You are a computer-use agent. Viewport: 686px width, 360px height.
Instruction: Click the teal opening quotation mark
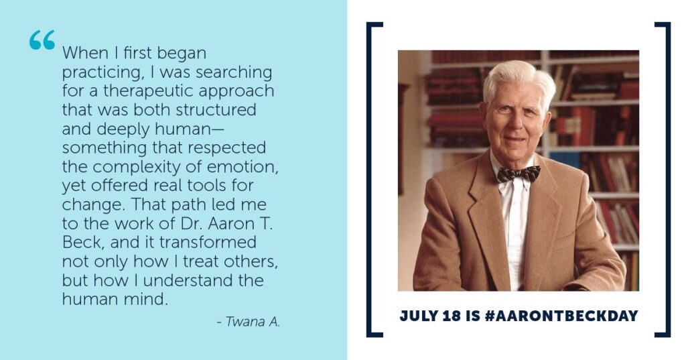click(x=42, y=40)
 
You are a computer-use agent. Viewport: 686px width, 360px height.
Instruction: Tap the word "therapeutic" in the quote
click(x=149, y=91)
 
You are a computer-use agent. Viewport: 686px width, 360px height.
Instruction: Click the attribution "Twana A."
click(x=249, y=322)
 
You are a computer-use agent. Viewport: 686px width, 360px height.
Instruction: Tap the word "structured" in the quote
click(x=216, y=110)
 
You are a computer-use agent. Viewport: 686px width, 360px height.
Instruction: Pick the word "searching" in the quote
click(x=234, y=72)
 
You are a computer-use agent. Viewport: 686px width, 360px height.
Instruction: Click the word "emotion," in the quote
click(x=243, y=168)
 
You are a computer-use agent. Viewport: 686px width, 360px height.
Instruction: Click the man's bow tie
click(x=519, y=174)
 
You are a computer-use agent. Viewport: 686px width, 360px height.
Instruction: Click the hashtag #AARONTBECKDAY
click(x=561, y=316)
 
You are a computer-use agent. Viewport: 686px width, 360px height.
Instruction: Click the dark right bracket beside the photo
click(x=668, y=180)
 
